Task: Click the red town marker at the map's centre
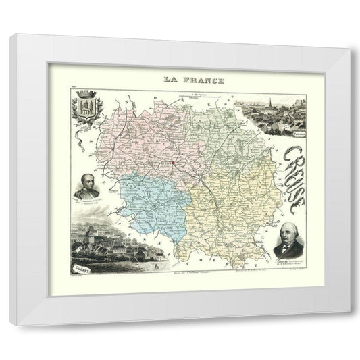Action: tap(172, 162)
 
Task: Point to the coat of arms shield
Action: tap(85, 108)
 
